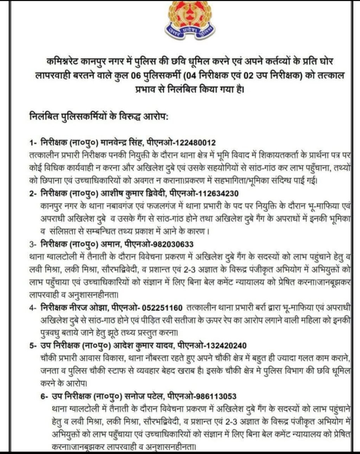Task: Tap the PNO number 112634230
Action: click(x=218, y=193)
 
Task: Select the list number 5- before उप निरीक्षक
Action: click(x=34, y=345)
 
